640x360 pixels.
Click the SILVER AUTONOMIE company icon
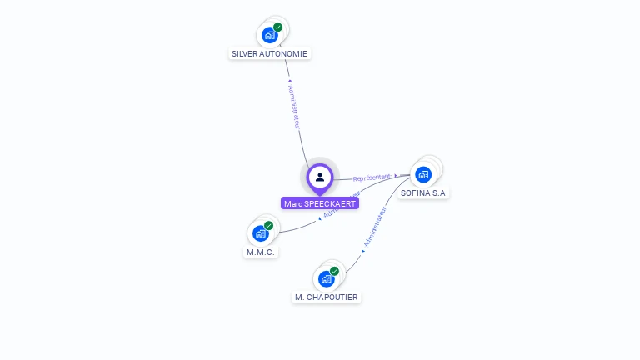click(269, 35)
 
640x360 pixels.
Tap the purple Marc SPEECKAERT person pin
click(320, 177)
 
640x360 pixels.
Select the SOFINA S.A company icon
click(423, 174)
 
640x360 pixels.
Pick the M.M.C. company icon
click(260, 233)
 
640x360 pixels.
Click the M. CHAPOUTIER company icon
click(326, 278)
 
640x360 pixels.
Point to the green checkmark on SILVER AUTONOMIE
click(278, 27)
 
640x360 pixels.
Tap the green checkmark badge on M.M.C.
click(269, 225)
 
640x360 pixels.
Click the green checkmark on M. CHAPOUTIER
click(334, 271)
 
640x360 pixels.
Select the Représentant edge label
click(372, 177)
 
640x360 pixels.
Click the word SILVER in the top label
click(244, 54)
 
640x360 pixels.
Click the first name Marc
click(292, 203)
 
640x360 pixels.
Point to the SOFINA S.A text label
click(423, 192)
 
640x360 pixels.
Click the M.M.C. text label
click(261, 252)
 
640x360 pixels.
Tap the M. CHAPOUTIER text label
click(327, 297)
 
